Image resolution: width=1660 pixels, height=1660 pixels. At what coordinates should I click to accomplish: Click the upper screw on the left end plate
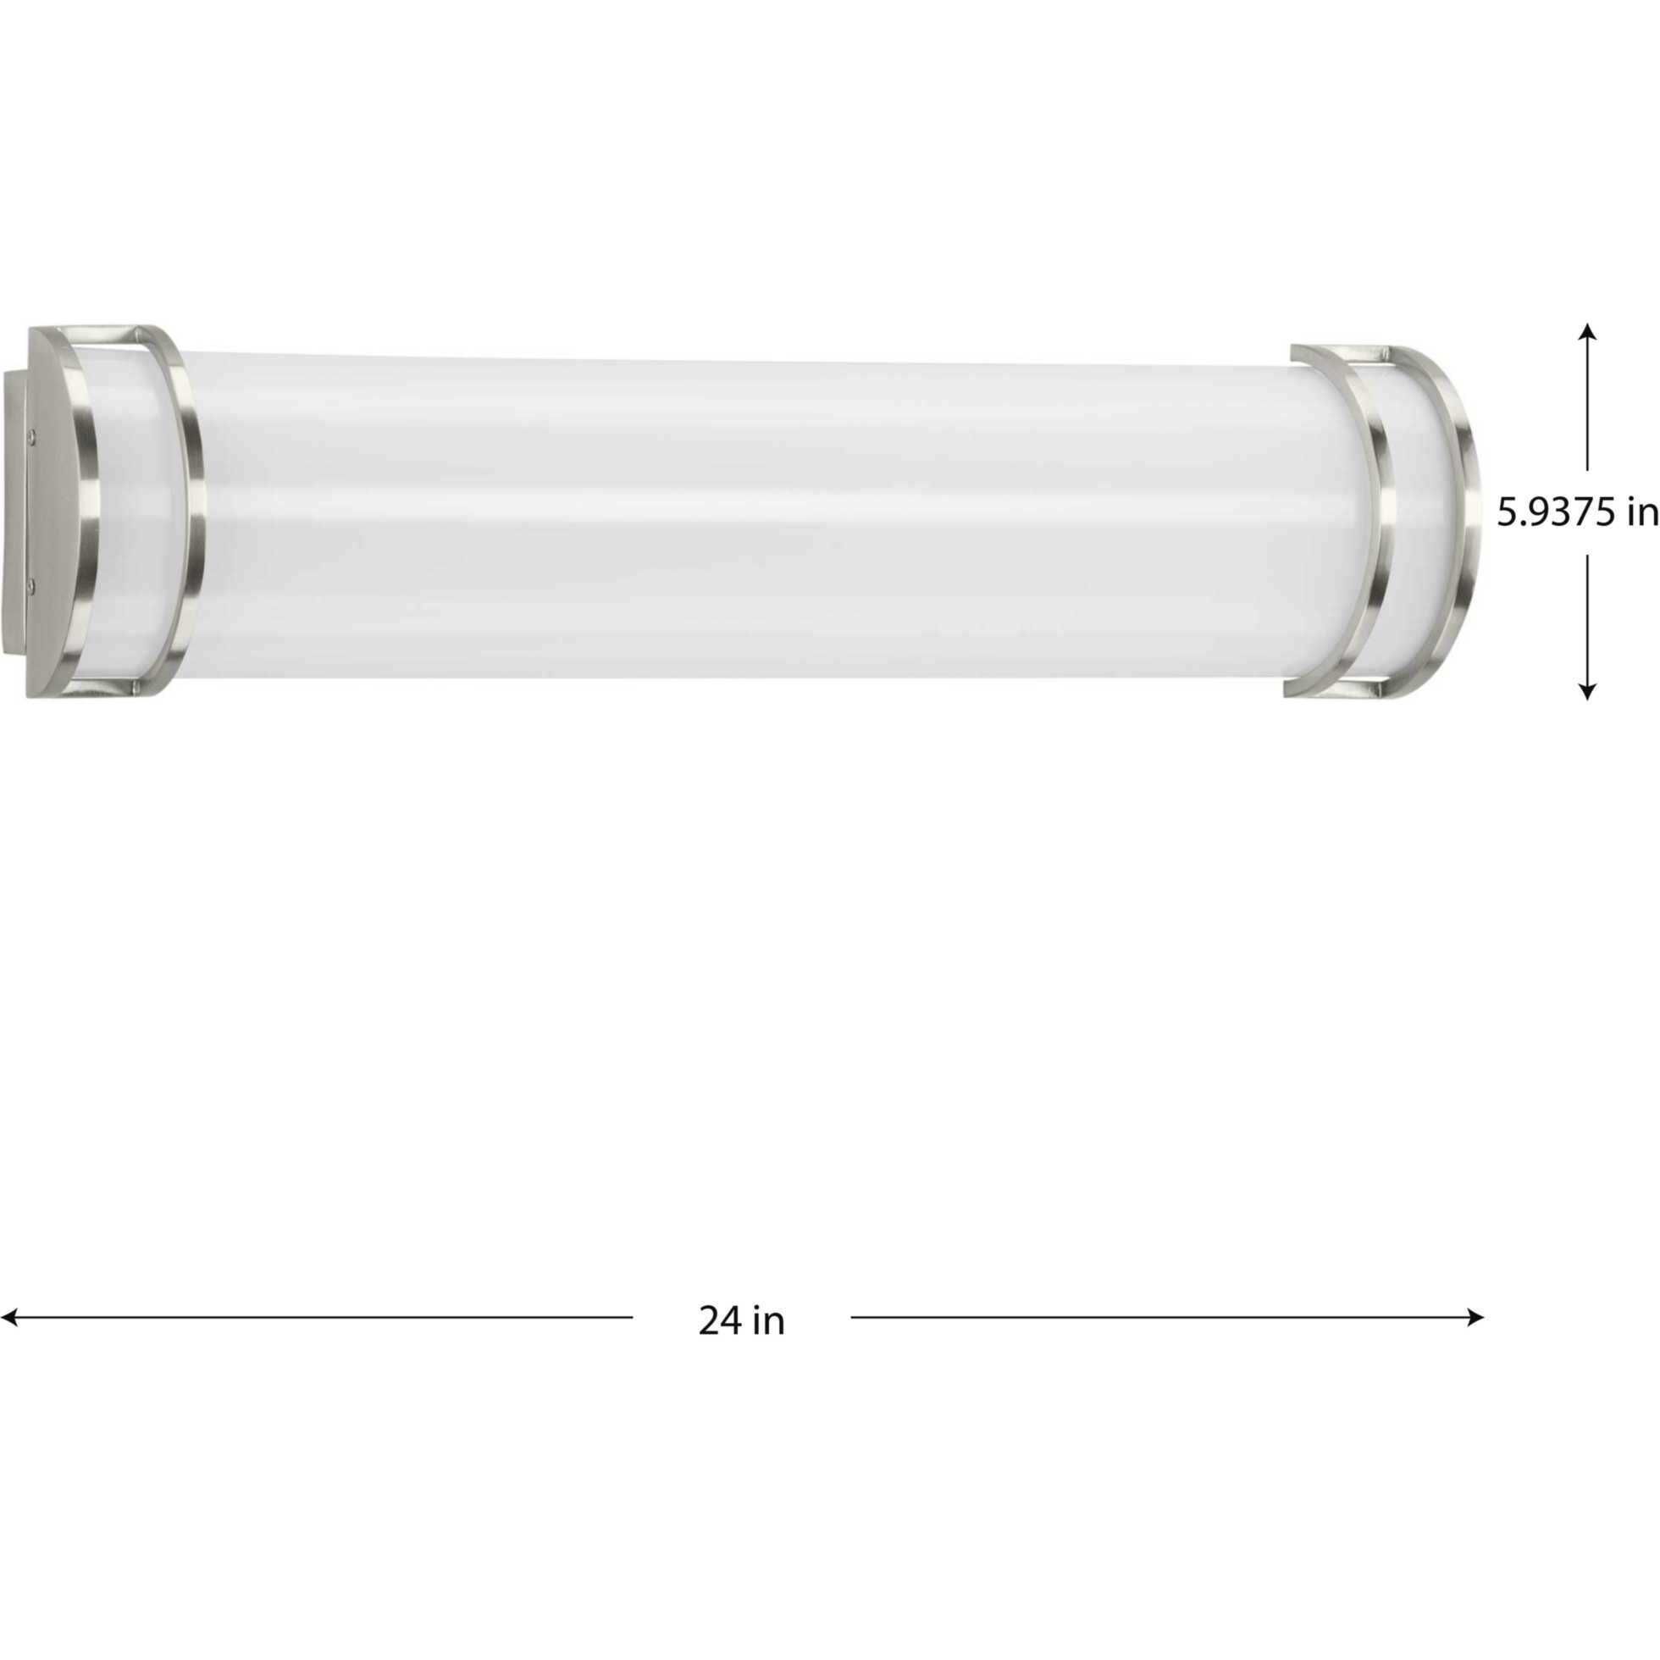[32, 435]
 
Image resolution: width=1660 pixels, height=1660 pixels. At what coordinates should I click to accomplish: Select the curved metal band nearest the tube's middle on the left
[193, 516]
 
